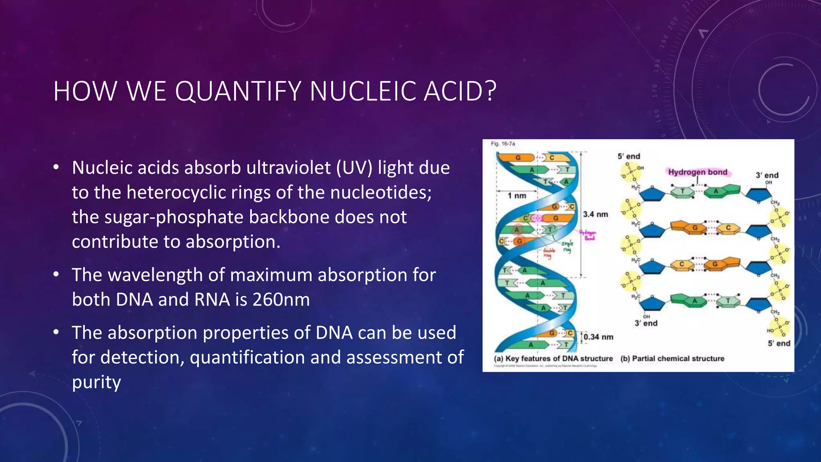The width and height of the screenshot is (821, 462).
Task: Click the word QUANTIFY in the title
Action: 238,91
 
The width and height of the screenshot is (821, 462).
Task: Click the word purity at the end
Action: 96,382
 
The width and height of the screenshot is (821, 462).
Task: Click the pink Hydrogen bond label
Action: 698,172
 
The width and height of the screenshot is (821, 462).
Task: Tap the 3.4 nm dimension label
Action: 595,215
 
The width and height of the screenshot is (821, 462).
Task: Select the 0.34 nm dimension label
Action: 598,337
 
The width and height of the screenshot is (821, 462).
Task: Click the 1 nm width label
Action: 517,196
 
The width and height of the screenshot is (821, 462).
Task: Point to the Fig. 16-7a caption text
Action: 503,144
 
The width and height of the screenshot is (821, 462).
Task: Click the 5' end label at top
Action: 629,156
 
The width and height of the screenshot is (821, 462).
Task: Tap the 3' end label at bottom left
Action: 646,323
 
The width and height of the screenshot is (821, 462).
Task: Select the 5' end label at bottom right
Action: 779,343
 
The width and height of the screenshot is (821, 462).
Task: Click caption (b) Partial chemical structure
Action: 672,359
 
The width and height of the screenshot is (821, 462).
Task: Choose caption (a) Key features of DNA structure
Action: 553,359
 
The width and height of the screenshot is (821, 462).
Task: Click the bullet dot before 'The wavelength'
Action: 56,275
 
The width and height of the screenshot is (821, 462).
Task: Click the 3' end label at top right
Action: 767,175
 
